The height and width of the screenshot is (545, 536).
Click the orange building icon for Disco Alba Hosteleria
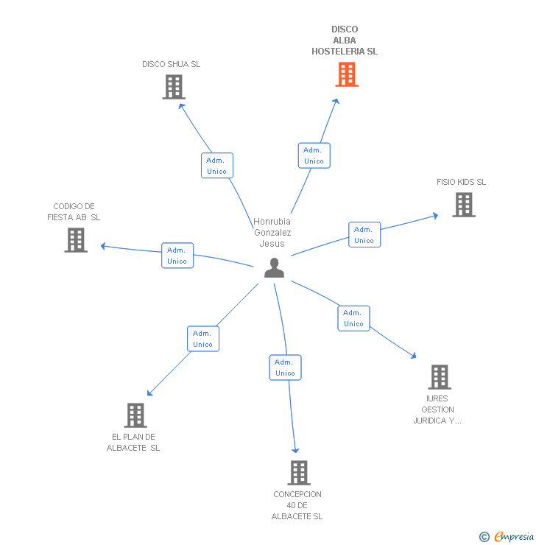[347, 74]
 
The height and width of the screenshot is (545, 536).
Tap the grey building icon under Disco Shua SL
[173, 87]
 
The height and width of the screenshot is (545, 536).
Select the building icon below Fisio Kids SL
[464, 205]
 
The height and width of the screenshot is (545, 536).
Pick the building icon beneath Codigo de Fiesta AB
[76, 240]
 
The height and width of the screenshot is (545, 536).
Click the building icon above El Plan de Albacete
[135, 415]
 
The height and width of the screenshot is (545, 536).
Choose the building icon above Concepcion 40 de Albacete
[298, 473]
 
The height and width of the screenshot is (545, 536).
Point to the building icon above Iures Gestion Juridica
[440, 377]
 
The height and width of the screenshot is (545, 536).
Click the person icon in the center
[274, 268]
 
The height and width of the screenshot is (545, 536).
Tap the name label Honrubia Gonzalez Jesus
[272, 233]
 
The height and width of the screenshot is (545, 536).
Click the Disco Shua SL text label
[171, 64]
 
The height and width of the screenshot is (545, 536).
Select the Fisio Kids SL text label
[461, 182]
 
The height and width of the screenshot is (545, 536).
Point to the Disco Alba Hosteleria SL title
[345, 41]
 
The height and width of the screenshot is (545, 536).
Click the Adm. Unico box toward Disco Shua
[217, 166]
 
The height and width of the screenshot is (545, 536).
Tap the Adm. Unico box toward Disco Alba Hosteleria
[314, 155]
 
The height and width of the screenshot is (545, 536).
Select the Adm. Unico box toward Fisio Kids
[364, 235]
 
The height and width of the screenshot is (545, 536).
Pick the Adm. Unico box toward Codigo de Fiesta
[177, 256]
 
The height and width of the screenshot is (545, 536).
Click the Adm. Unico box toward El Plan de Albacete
[203, 339]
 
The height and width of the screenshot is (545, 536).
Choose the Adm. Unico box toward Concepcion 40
[285, 368]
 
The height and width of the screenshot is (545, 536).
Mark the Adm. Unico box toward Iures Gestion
[353, 318]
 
